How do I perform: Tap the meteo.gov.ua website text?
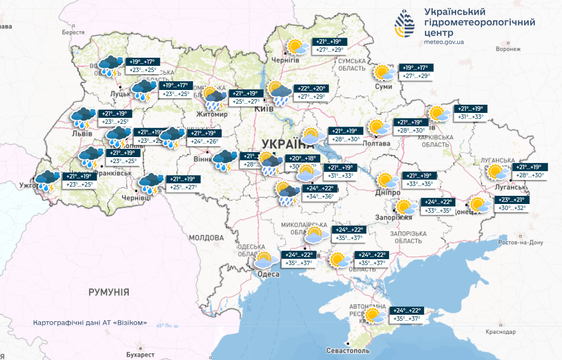(x=444, y=42)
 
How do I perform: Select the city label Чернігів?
(x=285, y=59)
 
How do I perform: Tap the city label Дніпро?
(x=388, y=193)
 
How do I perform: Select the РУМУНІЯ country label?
(x=109, y=292)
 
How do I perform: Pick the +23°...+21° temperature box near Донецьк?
(x=511, y=200)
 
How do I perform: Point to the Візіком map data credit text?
(x=90, y=322)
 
